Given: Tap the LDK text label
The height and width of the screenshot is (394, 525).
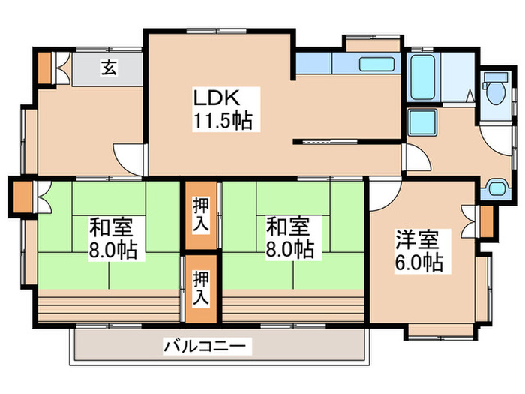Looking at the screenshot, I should [217, 98].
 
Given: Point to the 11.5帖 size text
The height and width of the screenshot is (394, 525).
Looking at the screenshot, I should [223, 120].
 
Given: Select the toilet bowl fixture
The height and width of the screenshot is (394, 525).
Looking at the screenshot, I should [495, 91].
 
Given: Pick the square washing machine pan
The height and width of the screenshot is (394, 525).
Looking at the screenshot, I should [422, 121].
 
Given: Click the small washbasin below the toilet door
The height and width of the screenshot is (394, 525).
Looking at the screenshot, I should [496, 187].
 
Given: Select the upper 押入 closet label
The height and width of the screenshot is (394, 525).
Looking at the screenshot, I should [201, 214].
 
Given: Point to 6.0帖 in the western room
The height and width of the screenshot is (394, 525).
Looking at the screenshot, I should [418, 263].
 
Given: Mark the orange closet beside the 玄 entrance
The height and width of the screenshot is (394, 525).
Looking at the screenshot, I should [46, 68].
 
